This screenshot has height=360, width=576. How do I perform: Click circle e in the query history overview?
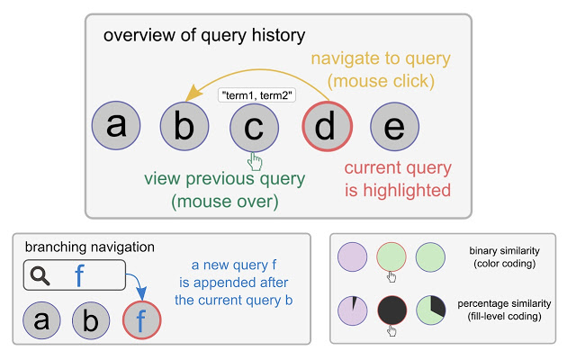tap(393, 128)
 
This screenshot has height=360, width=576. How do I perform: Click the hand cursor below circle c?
tap(256, 161)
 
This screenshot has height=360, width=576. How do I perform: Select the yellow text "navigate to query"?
tap(380, 59)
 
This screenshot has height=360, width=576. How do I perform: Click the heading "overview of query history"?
tap(204, 36)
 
